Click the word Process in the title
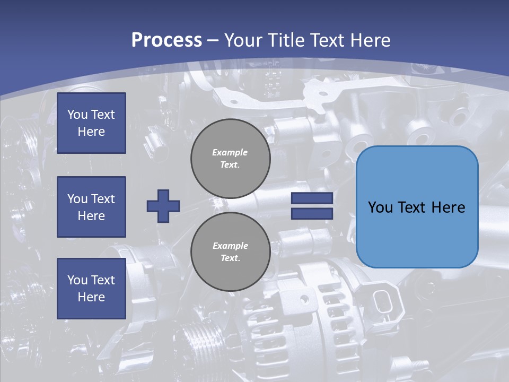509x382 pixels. pyautogui.click(x=166, y=40)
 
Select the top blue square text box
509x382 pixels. pyautogui.click(x=91, y=123)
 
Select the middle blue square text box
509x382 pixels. pyautogui.click(x=91, y=207)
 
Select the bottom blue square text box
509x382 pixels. pyautogui.click(x=91, y=288)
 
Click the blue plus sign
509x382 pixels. pyautogui.click(x=163, y=206)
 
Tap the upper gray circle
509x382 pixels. pyautogui.click(x=230, y=159)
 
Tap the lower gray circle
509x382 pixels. pyautogui.click(x=230, y=252)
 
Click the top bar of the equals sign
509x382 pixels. pyautogui.click(x=312, y=198)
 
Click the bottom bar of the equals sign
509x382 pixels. pyautogui.click(x=312, y=213)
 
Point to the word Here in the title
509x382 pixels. pyautogui.click(x=370, y=40)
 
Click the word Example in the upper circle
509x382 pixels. pyautogui.click(x=230, y=153)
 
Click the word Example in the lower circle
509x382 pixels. pyautogui.click(x=230, y=246)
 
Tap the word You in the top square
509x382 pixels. pyautogui.click(x=77, y=115)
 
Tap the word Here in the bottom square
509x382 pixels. pyautogui.click(x=91, y=297)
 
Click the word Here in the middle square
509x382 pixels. pyautogui.click(x=91, y=216)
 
